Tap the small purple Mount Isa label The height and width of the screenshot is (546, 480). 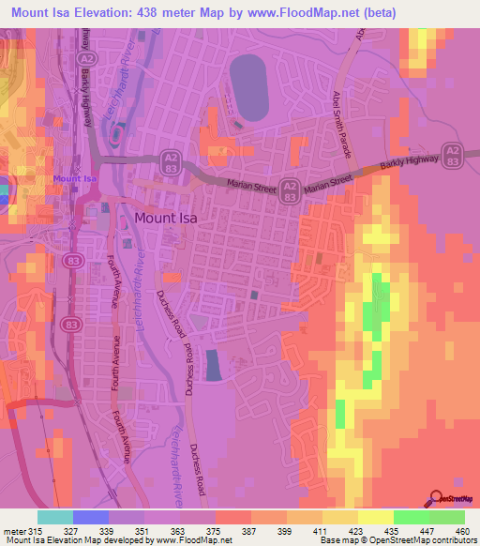[x=76, y=178]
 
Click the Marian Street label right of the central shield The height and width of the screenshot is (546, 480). [x=327, y=177]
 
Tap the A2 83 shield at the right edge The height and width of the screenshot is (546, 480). [x=453, y=155]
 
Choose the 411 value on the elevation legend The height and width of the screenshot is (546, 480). [x=322, y=532]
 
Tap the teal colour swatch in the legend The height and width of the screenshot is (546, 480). [x=55, y=517]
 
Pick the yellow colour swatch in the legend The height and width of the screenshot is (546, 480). [x=375, y=517]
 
